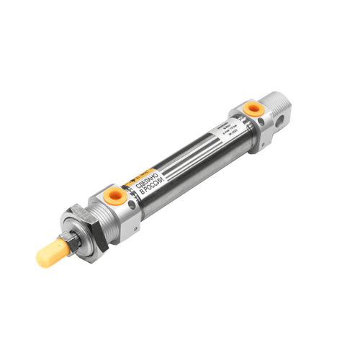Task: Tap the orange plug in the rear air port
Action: (253, 108)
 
